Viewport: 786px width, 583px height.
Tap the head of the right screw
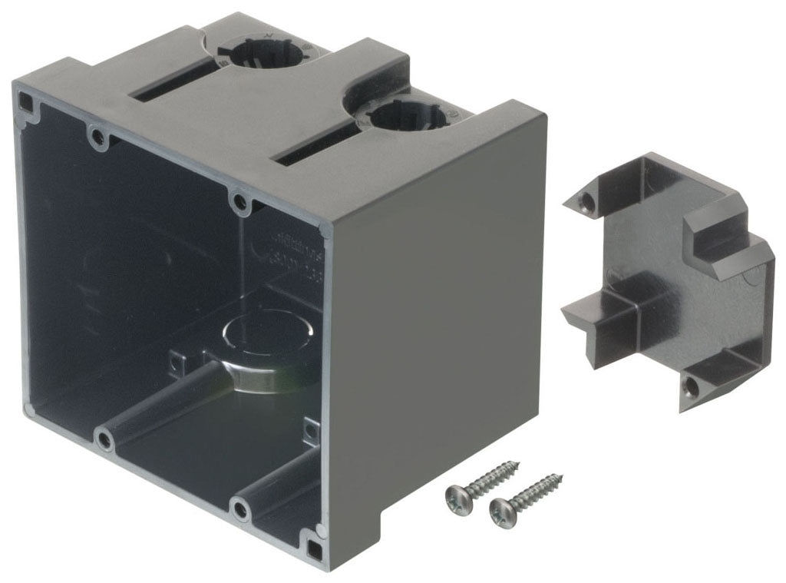coord(500,508)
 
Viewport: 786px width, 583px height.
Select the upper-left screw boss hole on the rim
coord(96,137)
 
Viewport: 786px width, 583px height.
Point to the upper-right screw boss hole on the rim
coord(240,203)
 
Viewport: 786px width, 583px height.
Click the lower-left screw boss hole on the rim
coord(102,439)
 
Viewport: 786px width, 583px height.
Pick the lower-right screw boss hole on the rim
coord(241,508)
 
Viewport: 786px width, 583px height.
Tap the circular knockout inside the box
coord(261,335)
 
